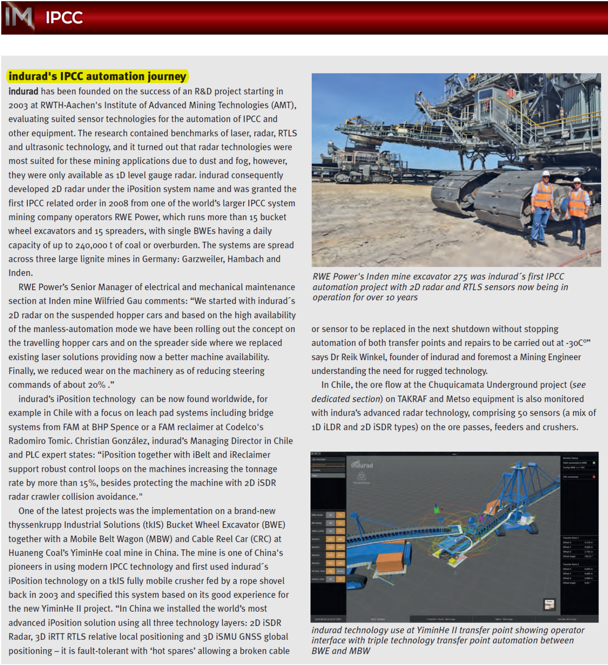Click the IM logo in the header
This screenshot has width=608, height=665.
pos(18,17)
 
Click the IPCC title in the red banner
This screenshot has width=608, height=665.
pos(64,18)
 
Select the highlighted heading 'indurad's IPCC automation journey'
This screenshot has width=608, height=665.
pos(97,76)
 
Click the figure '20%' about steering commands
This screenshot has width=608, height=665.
pos(97,385)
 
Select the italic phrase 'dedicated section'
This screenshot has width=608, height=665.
pos(347,399)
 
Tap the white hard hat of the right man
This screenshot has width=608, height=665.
pos(577,181)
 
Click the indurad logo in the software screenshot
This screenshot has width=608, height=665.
pos(362,465)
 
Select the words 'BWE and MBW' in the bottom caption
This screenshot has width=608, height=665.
pos(341,651)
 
